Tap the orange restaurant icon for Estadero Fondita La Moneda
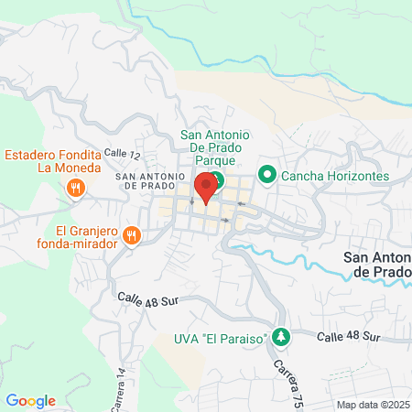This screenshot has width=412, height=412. point(75,189)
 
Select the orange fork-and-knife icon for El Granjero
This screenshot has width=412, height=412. point(132,236)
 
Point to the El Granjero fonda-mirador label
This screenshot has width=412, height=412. point(86,237)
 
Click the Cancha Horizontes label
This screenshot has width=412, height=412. point(335,175)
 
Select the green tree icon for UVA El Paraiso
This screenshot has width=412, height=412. point(283,338)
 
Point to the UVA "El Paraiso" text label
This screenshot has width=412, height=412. point(221,339)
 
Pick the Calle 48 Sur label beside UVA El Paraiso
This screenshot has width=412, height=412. point(348,337)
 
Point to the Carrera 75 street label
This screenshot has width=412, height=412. point(282,371)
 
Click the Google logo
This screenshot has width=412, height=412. point(30,401)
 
